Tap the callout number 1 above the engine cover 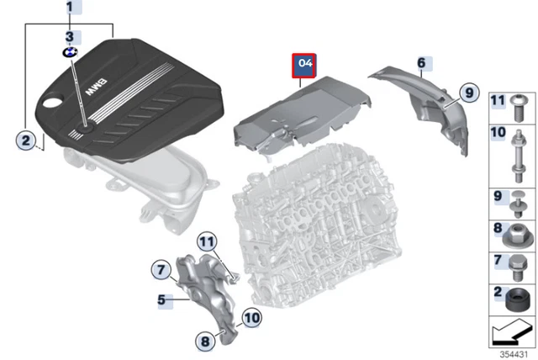[70, 10]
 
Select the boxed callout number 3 [70, 36]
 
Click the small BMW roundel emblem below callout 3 [70, 52]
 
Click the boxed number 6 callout [421, 63]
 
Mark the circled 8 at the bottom [204, 341]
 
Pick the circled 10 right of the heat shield [251, 316]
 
